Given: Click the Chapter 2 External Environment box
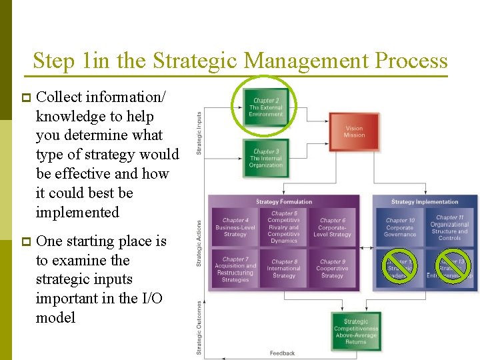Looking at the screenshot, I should (x=266, y=107).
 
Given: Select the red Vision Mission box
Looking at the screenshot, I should (x=354, y=131).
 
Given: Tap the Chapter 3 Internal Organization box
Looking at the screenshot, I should (x=266, y=159).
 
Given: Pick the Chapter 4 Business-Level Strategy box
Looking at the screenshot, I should (x=235, y=227).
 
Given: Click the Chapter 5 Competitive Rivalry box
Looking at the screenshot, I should (x=284, y=227).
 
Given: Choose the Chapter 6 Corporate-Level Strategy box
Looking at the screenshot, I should (x=331, y=227).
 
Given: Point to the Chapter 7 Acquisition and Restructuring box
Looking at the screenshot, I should (x=235, y=269).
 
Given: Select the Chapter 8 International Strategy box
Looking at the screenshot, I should (x=284, y=269).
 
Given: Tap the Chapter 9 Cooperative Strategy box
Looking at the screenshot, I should (x=331, y=269).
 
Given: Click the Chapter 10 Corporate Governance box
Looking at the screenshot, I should (x=400, y=227).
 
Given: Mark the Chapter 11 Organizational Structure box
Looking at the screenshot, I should (x=449, y=227).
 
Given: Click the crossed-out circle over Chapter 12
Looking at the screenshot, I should (x=400, y=265).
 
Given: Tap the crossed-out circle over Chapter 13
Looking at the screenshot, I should (x=453, y=265).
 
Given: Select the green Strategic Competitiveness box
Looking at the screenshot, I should (x=356, y=331).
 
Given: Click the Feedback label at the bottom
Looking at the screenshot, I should (x=283, y=353).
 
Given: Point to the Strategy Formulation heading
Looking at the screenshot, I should (x=285, y=202).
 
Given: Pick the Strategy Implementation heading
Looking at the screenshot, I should (x=425, y=202).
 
